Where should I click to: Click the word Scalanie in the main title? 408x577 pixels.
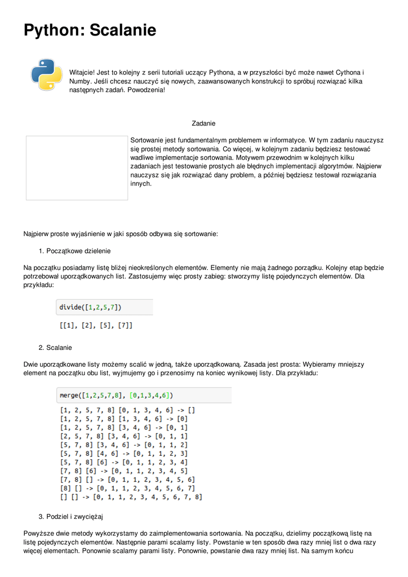(x=123, y=30)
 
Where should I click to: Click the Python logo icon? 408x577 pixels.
(x=46, y=74)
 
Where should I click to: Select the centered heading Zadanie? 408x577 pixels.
(x=203, y=123)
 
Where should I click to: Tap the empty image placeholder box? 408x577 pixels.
(x=77, y=168)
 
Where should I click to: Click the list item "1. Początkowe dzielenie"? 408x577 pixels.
(x=74, y=251)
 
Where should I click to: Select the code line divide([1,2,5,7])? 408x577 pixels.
(x=90, y=307)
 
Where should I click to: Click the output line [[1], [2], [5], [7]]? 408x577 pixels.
(x=96, y=325)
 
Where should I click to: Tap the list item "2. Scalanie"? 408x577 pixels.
(x=55, y=347)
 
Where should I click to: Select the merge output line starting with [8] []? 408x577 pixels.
(x=127, y=488)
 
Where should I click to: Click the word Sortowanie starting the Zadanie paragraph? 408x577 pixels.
(x=148, y=140)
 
